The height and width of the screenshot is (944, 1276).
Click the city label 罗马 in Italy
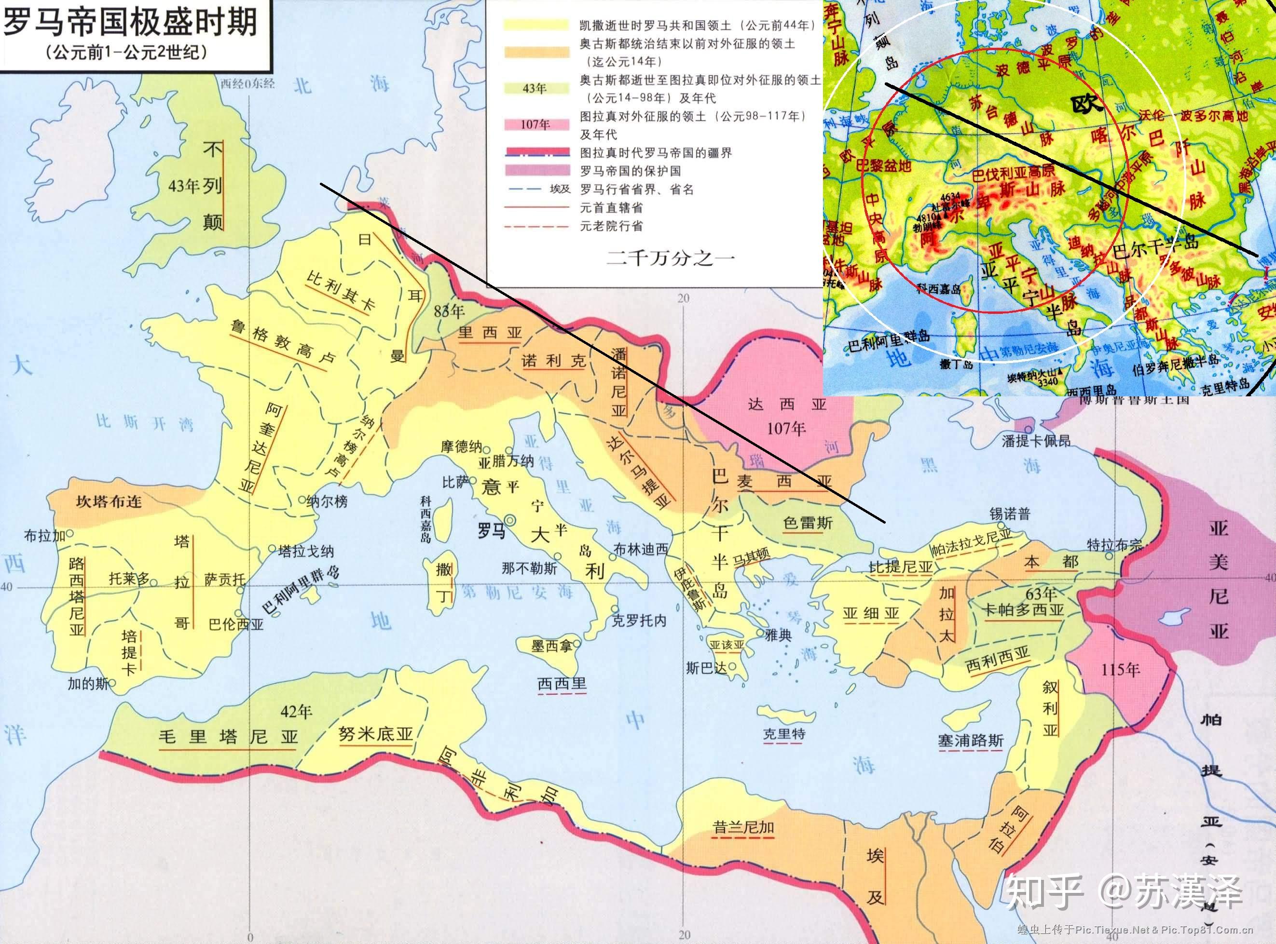pyautogui.click(x=491, y=531)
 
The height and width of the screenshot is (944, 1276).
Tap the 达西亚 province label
pyautogui.click(x=787, y=405)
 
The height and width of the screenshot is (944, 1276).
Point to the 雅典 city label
pyautogui.click(x=778, y=634)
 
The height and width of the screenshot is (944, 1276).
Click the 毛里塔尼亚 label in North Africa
pyautogui.click(x=228, y=736)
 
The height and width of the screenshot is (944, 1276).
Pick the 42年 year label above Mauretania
pyautogui.click(x=296, y=712)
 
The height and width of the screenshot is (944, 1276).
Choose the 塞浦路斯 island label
pyautogui.click(x=970, y=741)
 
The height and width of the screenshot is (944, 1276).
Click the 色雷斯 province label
pyautogui.click(x=808, y=523)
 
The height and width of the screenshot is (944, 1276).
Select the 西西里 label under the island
pyautogui.click(x=562, y=684)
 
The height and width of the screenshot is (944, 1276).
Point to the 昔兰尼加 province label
pyautogui.click(x=743, y=827)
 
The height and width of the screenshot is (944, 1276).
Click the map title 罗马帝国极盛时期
pyautogui.click(x=130, y=24)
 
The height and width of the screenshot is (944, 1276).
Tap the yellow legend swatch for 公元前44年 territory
pyautogui.click(x=536, y=25)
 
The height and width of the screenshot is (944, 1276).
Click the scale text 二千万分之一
pyautogui.click(x=671, y=258)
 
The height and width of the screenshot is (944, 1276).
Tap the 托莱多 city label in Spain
pyautogui.click(x=129, y=579)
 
